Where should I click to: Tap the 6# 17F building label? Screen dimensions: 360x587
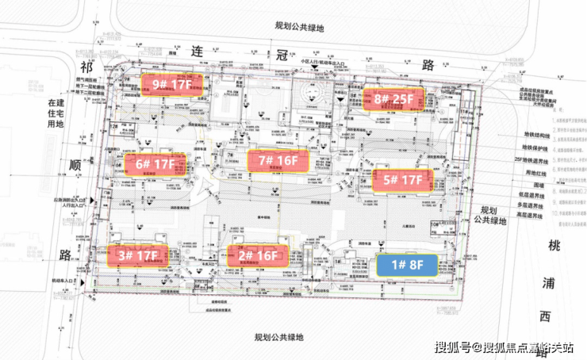(x=155, y=165)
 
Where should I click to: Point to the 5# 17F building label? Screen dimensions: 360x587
(x=403, y=180)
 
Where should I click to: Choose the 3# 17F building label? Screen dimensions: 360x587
(x=138, y=255)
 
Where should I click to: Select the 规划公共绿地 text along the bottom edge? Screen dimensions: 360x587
(x=278, y=336)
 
